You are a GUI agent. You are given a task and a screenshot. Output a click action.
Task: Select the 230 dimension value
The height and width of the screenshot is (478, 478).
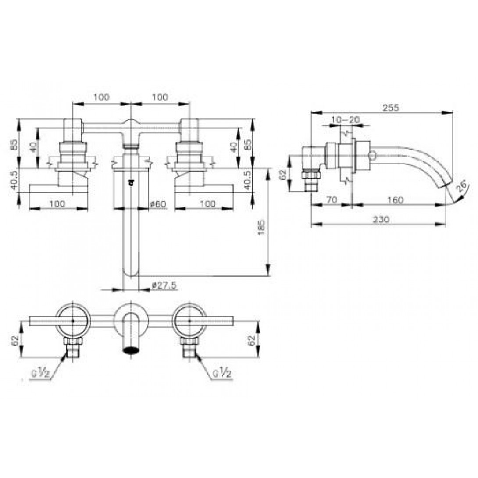point(381,219)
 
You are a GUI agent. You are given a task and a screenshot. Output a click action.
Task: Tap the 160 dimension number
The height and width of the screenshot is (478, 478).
point(396,200)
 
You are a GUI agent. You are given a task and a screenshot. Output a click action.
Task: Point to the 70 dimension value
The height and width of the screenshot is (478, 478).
point(332,200)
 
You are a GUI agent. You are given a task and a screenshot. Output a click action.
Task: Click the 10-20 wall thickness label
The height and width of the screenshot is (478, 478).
point(346,119)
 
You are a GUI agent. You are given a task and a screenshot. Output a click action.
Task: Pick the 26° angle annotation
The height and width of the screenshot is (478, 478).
point(462,186)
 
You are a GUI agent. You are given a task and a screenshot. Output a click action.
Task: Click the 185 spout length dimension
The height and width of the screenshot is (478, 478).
point(261,227)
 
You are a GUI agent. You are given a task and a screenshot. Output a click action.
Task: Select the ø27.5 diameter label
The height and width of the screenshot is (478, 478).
point(164,285)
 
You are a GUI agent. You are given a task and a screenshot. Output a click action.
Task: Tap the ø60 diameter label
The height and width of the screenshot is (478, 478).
point(158,203)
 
